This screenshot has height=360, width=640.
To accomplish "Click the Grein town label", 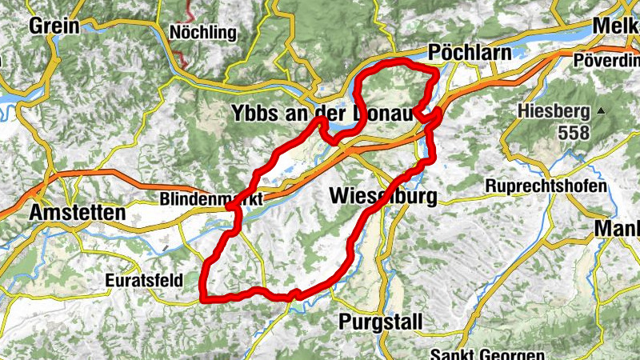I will pyautogui.click(x=54, y=26).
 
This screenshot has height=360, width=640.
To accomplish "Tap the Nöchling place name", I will pyautogui.click(x=204, y=33).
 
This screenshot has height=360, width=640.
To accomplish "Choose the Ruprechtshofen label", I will pyautogui.click(x=546, y=186).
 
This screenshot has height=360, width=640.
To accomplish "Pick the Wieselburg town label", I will pyautogui.click(x=382, y=196).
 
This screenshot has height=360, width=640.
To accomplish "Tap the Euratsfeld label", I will pyautogui.click(x=144, y=280).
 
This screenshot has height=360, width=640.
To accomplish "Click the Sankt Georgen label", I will pyautogui.click(x=487, y=354).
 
